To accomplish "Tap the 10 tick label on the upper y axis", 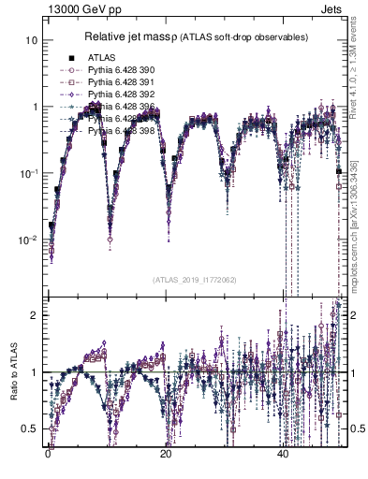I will click(32, 41).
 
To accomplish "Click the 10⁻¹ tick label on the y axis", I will click(30, 173).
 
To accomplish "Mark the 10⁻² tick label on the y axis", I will click(30, 239).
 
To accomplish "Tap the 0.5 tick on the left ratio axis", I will click(31, 429).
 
